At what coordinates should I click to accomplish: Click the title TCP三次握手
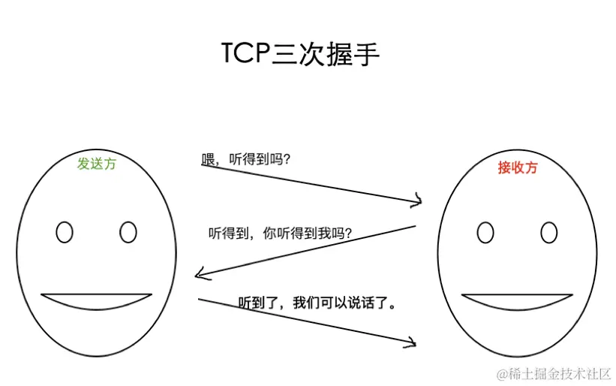point(300,55)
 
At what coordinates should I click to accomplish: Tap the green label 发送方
point(97,164)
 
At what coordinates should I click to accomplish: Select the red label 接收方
point(518,167)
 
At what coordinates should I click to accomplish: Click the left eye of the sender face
point(65,232)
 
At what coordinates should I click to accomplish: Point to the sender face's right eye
point(128,232)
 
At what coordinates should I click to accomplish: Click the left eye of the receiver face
point(485,233)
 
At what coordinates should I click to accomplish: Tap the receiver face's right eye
point(549,233)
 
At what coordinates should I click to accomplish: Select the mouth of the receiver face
point(517,301)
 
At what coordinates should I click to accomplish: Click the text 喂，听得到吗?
point(246,159)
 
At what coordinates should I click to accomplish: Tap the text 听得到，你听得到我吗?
point(281,234)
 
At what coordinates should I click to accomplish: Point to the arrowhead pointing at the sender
point(199,274)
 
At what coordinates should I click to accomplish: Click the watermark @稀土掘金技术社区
point(553,372)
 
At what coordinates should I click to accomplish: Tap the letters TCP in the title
point(245,55)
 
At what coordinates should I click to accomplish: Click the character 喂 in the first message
point(209,159)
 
